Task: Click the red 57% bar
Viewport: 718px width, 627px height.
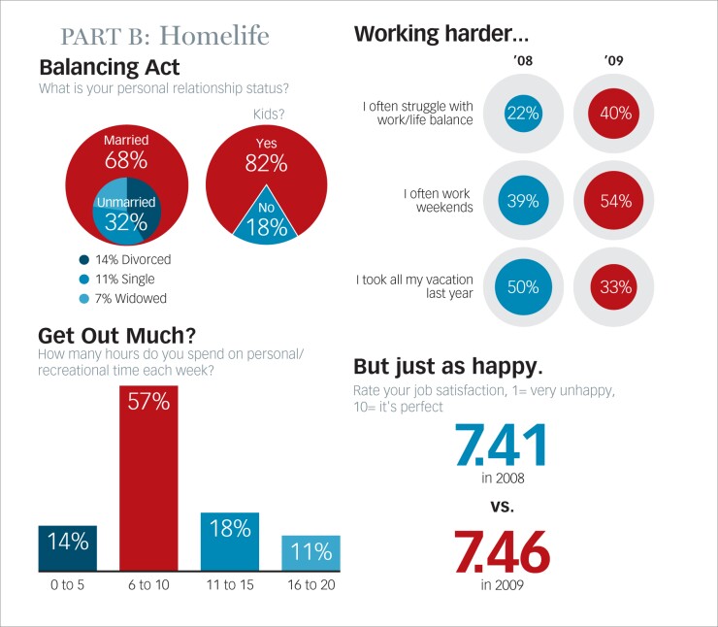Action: (x=148, y=476)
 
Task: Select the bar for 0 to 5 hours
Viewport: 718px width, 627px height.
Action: (x=67, y=547)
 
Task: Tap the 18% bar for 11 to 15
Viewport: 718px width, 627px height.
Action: (x=229, y=541)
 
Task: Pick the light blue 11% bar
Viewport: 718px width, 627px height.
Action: (x=310, y=551)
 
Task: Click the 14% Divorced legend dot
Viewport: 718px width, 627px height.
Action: (x=84, y=259)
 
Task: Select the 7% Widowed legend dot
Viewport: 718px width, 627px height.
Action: (x=84, y=298)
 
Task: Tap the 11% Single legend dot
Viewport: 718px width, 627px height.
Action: (x=84, y=279)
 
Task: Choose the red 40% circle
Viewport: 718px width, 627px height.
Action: (x=615, y=114)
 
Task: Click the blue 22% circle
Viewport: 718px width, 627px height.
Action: (x=522, y=114)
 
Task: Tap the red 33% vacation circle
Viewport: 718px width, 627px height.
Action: (x=615, y=287)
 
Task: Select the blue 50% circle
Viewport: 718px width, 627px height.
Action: (x=522, y=287)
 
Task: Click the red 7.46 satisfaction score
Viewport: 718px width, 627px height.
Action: (x=502, y=552)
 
